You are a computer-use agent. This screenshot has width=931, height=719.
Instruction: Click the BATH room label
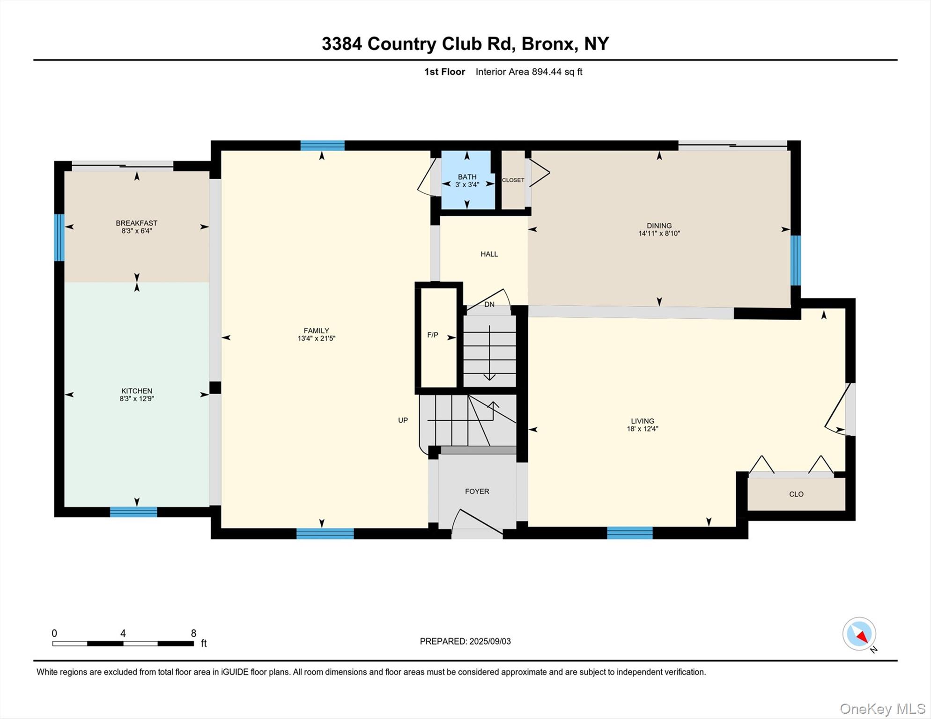(467, 176)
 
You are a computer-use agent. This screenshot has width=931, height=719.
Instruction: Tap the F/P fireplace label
(432, 335)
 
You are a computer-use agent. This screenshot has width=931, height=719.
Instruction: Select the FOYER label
(477, 491)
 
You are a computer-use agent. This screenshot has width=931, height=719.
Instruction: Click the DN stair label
(489, 304)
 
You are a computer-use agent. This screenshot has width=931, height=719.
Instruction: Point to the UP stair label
(403, 420)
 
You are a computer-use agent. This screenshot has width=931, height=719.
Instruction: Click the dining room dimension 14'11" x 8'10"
(659, 233)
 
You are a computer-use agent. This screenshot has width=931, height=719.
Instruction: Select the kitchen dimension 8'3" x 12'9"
(136, 399)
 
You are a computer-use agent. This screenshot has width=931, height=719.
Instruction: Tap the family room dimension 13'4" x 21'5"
(316, 338)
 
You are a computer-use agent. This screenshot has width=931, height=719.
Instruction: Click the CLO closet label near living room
(796, 494)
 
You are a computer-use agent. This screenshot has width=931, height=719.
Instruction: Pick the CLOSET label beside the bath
(513, 180)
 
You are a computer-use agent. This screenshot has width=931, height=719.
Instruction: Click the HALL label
(489, 254)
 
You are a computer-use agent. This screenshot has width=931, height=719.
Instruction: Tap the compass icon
(859, 634)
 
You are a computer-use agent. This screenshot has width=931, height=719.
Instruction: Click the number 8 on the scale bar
(193, 633)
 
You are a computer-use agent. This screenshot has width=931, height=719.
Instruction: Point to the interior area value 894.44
(547, 72)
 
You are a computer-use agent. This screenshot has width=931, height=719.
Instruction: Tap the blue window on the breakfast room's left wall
(59, 237)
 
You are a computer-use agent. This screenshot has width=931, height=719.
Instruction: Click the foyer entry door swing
(477, 522)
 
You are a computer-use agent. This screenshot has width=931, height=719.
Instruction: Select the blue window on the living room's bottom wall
(629, 533)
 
